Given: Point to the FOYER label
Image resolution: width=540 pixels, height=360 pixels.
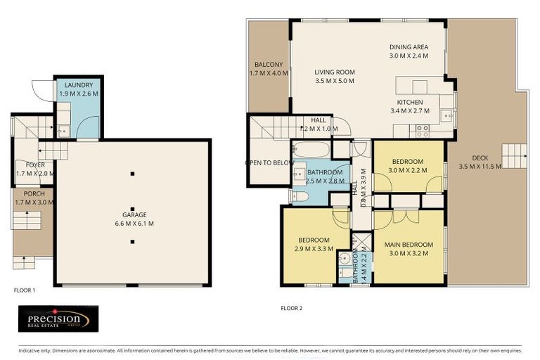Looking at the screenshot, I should point(30,165).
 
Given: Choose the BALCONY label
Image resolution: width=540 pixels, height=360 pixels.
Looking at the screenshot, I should point(269,64).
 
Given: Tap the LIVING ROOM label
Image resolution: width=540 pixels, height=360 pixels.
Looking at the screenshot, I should point(334,72).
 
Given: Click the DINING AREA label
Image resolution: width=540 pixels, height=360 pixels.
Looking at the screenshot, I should point(409,47).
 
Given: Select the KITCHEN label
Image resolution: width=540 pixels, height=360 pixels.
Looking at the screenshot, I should point(409,102).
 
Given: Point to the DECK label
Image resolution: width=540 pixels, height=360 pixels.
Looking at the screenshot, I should point(480,157).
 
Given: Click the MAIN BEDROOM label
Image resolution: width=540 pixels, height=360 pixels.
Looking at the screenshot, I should point(409,245).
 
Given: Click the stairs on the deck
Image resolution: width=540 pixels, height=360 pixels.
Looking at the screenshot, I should point(513,153).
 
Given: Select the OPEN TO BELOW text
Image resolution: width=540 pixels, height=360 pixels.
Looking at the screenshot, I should point(269,162).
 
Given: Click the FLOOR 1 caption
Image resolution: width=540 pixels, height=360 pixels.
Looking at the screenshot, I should point(25,290).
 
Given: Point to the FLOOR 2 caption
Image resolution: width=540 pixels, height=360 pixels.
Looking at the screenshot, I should point(291,308).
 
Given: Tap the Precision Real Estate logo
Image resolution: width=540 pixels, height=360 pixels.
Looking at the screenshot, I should point(58,319).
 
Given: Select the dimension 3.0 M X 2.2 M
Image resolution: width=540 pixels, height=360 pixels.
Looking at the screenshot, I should point(409,169).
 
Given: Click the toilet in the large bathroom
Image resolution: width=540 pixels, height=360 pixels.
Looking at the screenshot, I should point(299,196).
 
